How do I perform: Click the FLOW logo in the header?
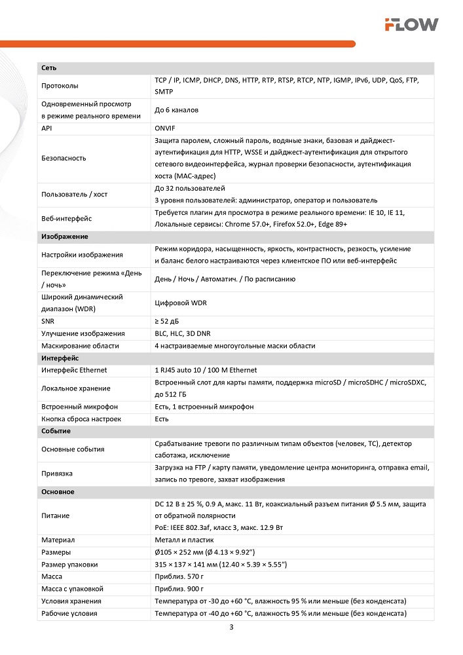(x=411, y=25)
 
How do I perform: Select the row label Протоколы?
(x=60, y=86)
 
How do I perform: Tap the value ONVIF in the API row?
(x=166, y=128)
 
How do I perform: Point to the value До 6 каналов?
(x=176, y=110)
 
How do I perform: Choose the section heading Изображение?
(x=64, y=236)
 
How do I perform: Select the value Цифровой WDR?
(x=179, y=303)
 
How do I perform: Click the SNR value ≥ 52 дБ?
(x=170, y=321)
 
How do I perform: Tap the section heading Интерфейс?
(x=60, y=358)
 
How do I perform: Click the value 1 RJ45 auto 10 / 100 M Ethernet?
(x=206, y=370)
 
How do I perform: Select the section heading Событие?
(x=56, y=431)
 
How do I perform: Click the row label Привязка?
(x=57, y=473)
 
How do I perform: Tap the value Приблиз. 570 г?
(x=179, y=576)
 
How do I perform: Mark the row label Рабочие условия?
(x=69, y=613)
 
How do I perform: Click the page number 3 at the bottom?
(x=231, y=627)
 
